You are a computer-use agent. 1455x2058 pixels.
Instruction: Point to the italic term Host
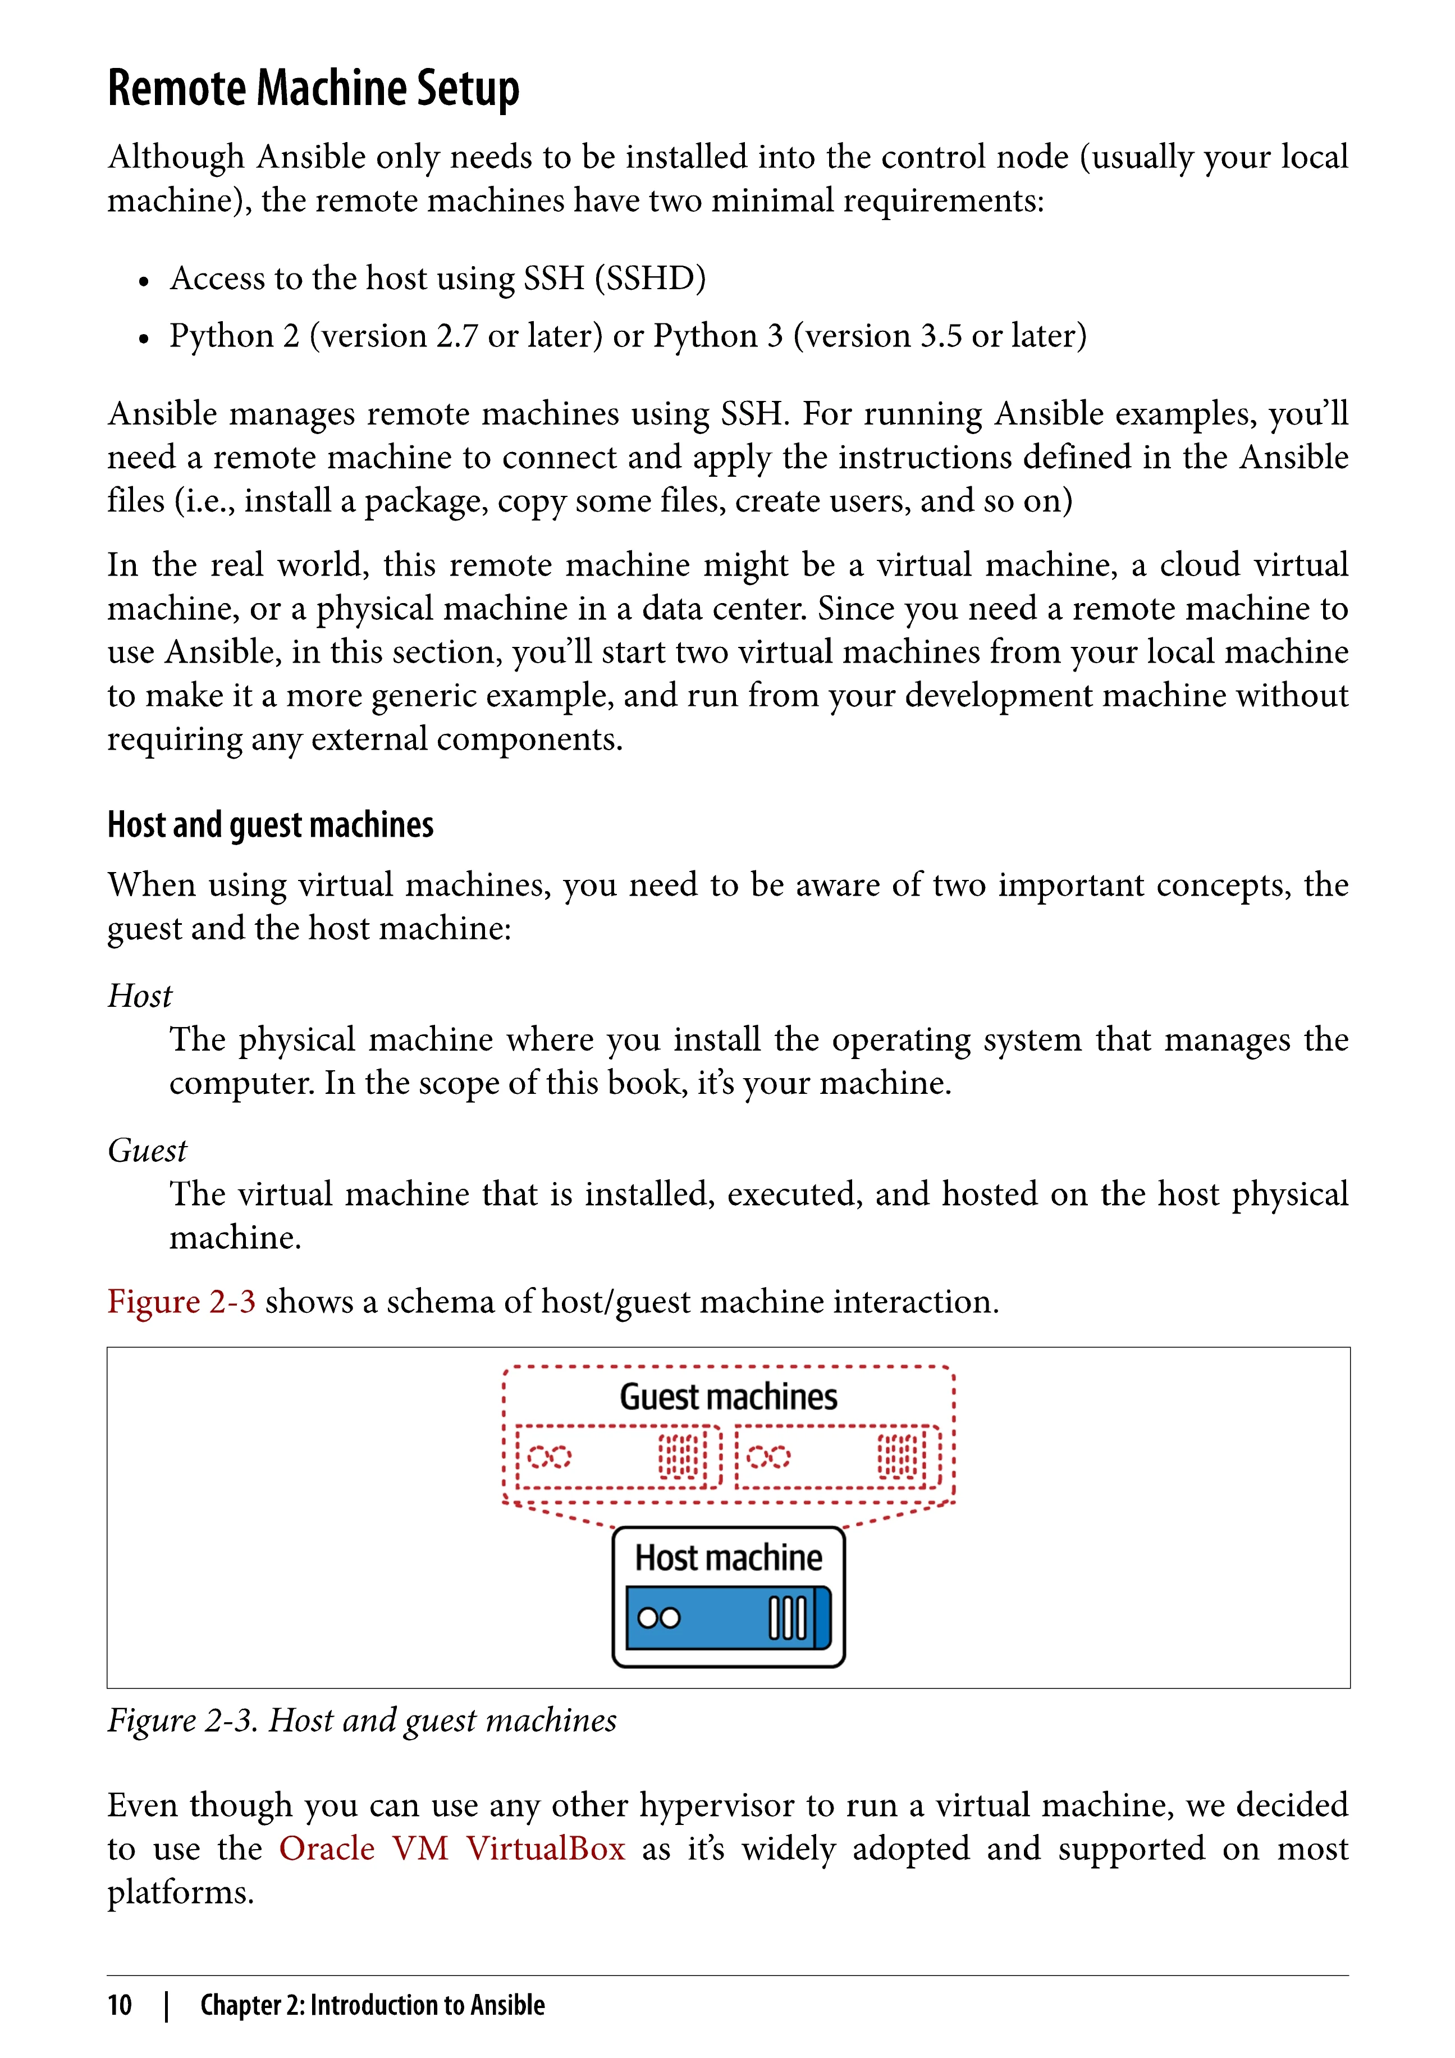[140, 996]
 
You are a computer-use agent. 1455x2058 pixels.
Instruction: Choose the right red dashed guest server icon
[838, 1457]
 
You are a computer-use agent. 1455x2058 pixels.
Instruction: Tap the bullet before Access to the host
[143, 281]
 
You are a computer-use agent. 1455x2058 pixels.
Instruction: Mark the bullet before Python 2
[143, 339]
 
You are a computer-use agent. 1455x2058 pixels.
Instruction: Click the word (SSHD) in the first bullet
[651, 279]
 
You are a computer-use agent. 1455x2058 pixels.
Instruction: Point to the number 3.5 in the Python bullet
[941, 336]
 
